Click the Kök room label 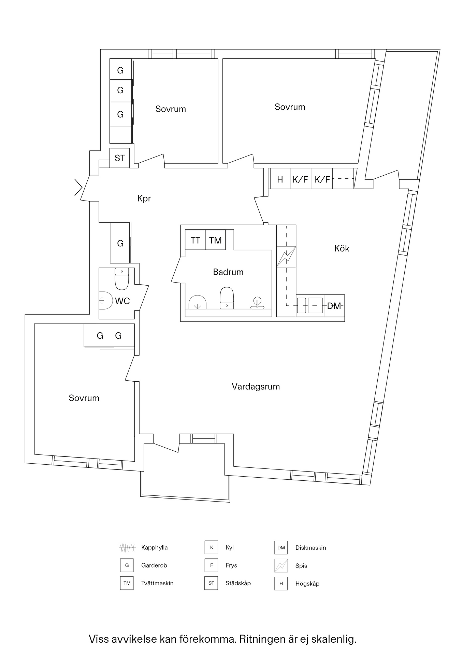(x=342, y=248)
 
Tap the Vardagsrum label (x=256, y=386)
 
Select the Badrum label (x=228, y=272)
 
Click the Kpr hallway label (x=144, y=199)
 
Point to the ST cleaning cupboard (x=120, y=158)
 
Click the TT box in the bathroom (x=195, y=240)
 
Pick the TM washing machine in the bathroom (x=215, y=240)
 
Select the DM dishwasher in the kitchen (x=334, y=306)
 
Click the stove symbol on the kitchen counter (x=286, y=257)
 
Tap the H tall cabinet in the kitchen (x=280, y=179)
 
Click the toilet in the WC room (x=122, y=279)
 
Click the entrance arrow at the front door (x=79, y=188)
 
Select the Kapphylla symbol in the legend (x=127, y=548)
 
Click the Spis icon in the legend (x=281, y=565)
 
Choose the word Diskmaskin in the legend (x=310, y=548)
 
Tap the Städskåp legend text (x=238, y=583)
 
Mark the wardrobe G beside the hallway (x=120, y=243)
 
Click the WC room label (x=122, y=301)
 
